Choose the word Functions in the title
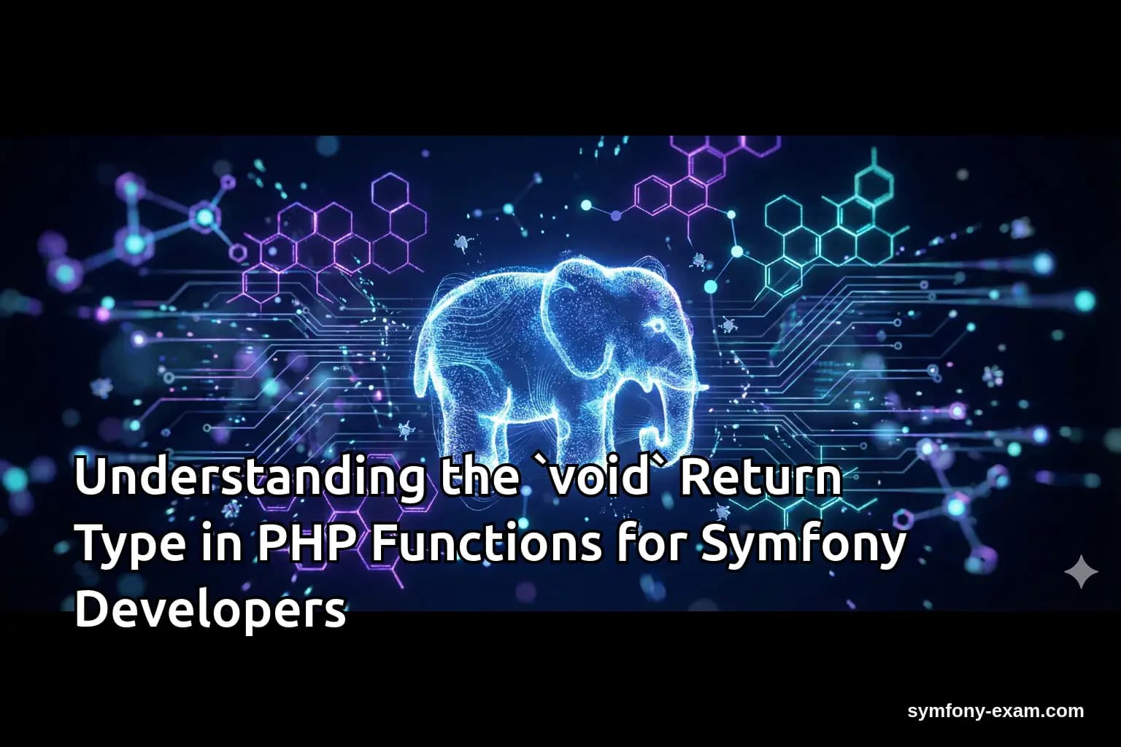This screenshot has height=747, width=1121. click(487, 543)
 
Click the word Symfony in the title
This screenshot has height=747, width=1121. click(804, 545)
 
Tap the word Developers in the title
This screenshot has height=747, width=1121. click(210, 611)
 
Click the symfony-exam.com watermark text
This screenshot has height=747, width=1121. click(995, 711)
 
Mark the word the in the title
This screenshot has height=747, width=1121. click(475, 478)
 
